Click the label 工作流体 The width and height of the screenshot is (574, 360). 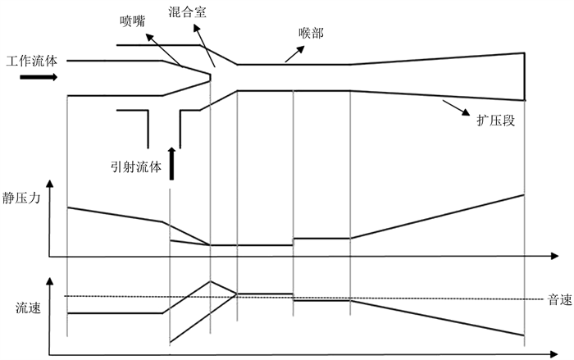click(34, 62)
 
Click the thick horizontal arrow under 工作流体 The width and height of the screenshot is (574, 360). click(38, 77)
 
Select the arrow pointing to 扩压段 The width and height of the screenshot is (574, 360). click(450, 105)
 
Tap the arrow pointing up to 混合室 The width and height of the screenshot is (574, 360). click(207, 45)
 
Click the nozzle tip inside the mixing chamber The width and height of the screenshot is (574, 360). click(210, 75)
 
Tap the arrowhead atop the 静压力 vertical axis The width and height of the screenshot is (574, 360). click(52, 180)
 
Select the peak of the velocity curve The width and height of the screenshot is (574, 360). click(211, 280)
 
